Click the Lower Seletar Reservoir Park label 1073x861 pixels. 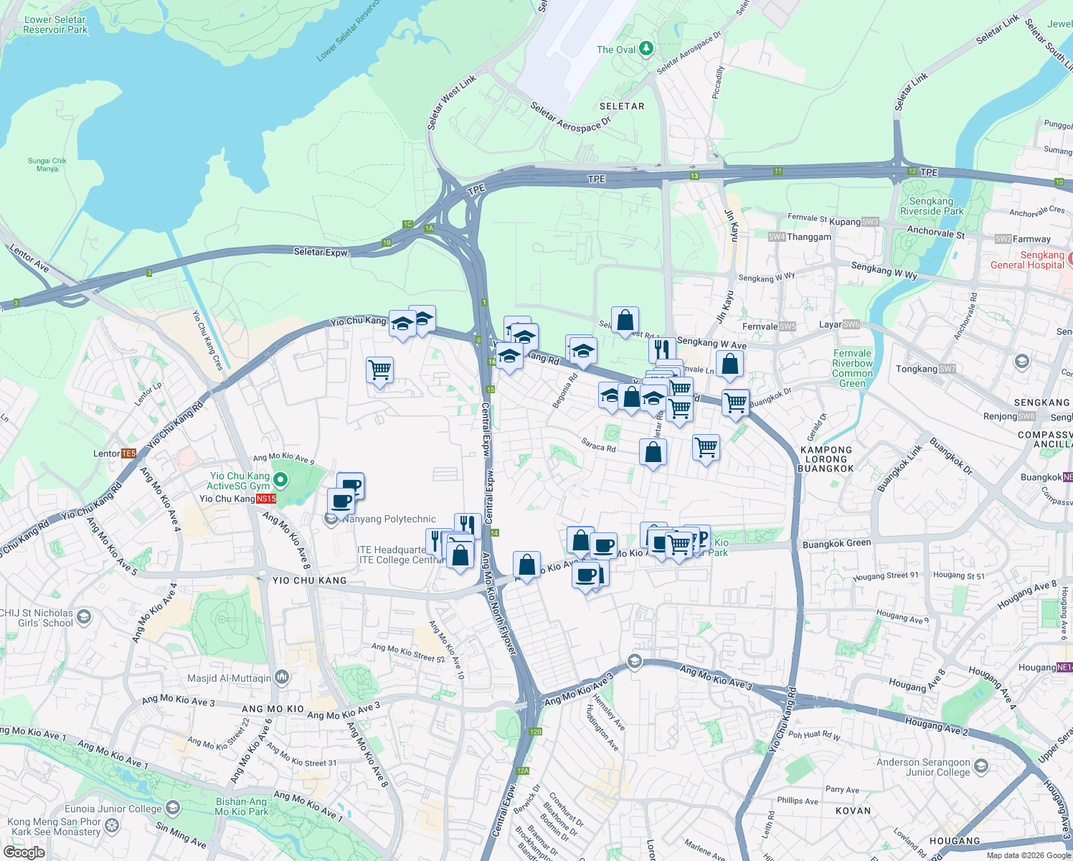tap(55, 25)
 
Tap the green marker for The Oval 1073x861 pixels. tap(646, 49)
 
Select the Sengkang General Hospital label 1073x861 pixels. tap(1027, 260)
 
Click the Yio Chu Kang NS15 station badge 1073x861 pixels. tap(266, 499)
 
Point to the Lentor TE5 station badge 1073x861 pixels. tap(128, 453)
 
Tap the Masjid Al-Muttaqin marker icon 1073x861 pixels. tap(282, 677)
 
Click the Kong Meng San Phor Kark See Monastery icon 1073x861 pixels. tap(112, 825)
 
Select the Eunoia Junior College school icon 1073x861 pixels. tap(172, 809)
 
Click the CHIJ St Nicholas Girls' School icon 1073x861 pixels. tap(84, 616)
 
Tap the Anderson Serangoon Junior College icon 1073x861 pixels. tap(980, 767)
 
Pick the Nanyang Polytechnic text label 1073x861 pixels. tap(389, 519)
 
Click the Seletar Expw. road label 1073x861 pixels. tap(321, 252)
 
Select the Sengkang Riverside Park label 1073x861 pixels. tap(932, 207)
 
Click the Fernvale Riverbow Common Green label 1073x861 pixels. tap(852, 368)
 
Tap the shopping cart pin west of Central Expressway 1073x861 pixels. tap(379, 370)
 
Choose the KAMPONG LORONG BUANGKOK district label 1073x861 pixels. tap(826, 459)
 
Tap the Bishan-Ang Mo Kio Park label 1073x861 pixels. tap(242, 807)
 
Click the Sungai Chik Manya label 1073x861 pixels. tap(47, 165)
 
